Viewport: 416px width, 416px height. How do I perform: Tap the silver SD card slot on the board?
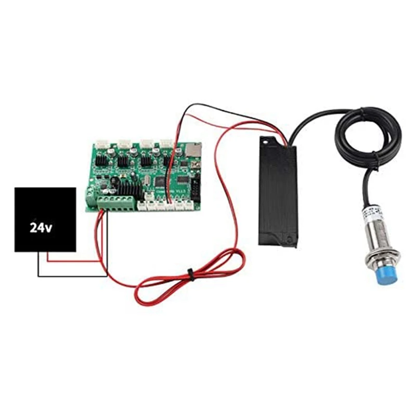pyautogui.click(x=192, y=150)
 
